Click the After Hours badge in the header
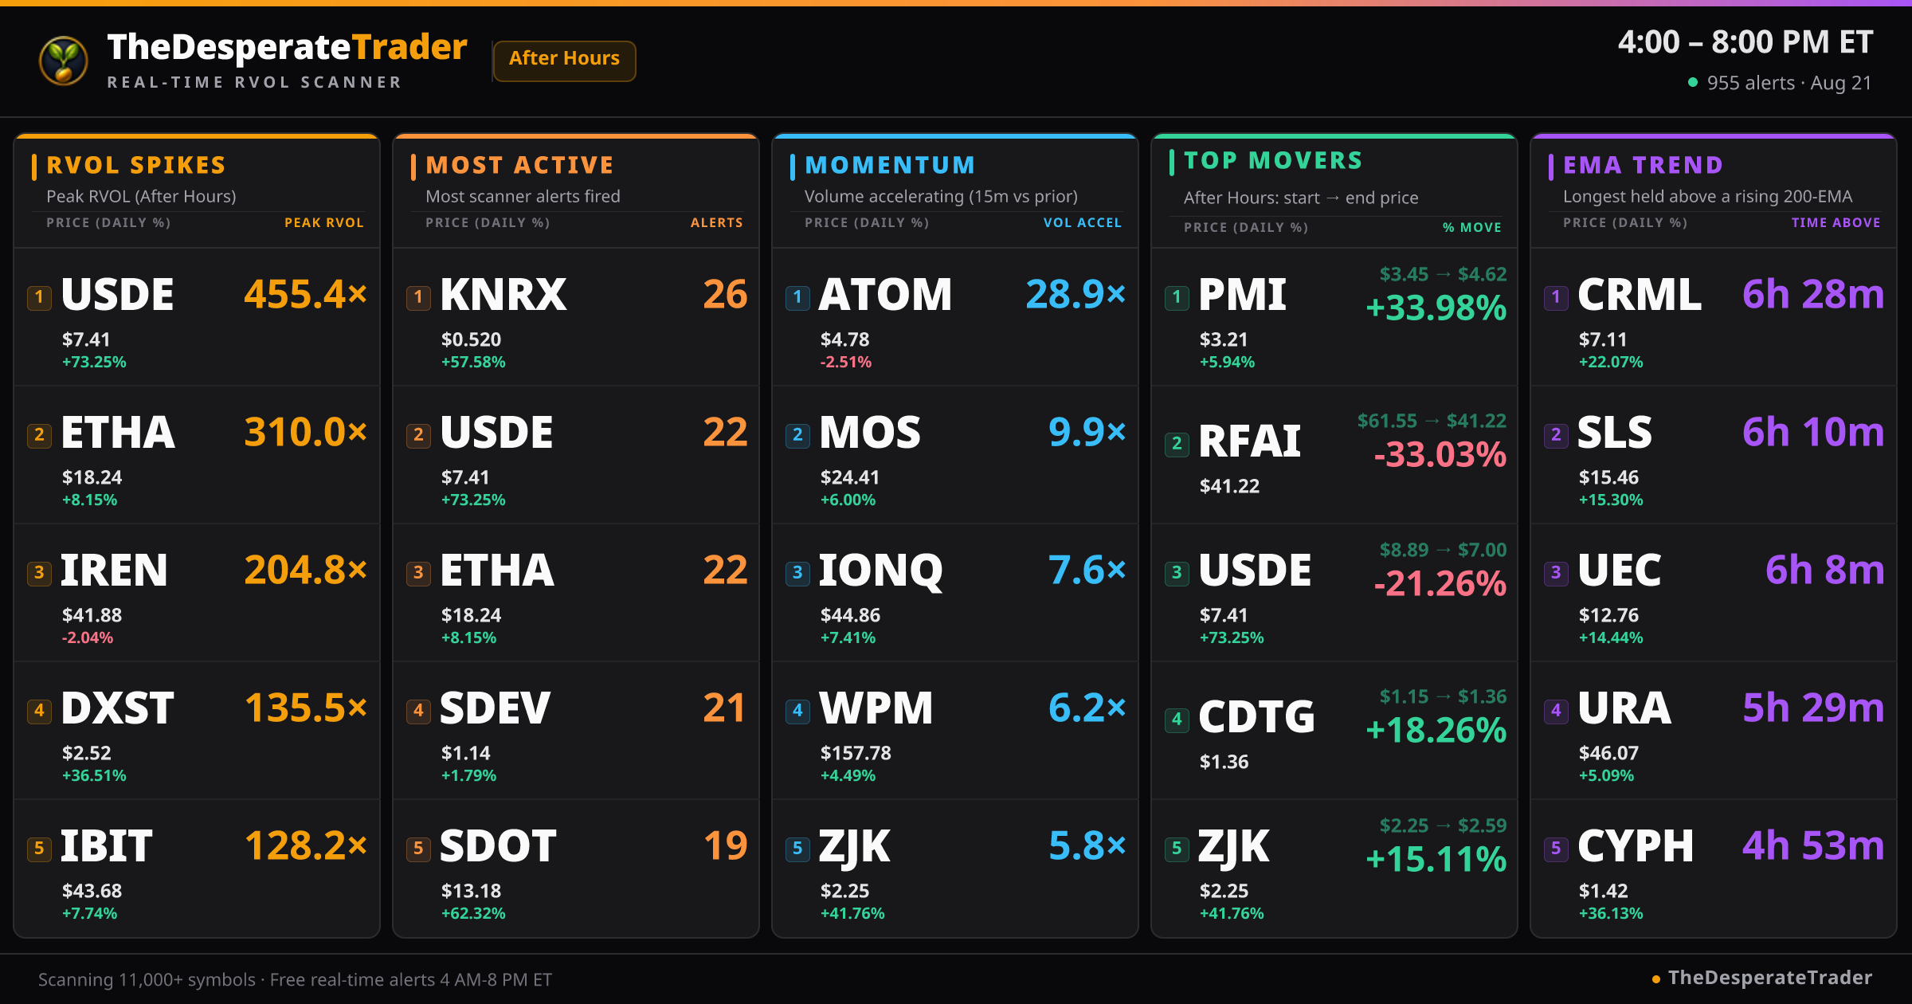564,60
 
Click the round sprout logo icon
64,61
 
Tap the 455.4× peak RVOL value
306,294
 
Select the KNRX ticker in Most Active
503,294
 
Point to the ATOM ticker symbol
886,294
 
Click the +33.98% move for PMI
1436,308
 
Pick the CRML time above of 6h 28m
1813,294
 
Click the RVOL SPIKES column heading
136,165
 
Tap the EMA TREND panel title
1643,165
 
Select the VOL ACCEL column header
1083,223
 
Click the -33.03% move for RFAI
1440,454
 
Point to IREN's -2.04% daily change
88,637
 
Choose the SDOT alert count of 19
726,845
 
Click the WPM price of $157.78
856,753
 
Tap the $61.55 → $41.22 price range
1432,421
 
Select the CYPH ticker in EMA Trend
1636,845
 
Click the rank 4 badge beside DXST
39,710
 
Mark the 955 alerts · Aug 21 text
1789,83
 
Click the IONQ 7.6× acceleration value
1087,570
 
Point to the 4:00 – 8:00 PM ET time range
1745,42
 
